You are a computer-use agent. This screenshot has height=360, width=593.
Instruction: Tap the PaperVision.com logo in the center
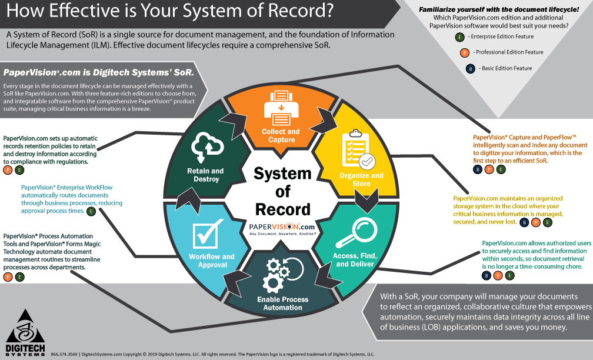282,228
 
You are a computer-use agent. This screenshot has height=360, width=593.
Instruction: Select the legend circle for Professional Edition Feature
465,52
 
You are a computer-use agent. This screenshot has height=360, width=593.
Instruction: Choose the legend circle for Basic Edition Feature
471,68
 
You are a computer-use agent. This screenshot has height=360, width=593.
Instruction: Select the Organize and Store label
361,179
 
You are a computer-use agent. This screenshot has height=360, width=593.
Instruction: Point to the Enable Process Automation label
282,304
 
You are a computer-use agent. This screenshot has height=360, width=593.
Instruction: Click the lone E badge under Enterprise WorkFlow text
90,211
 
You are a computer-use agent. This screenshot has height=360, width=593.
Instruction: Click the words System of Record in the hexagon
282,191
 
